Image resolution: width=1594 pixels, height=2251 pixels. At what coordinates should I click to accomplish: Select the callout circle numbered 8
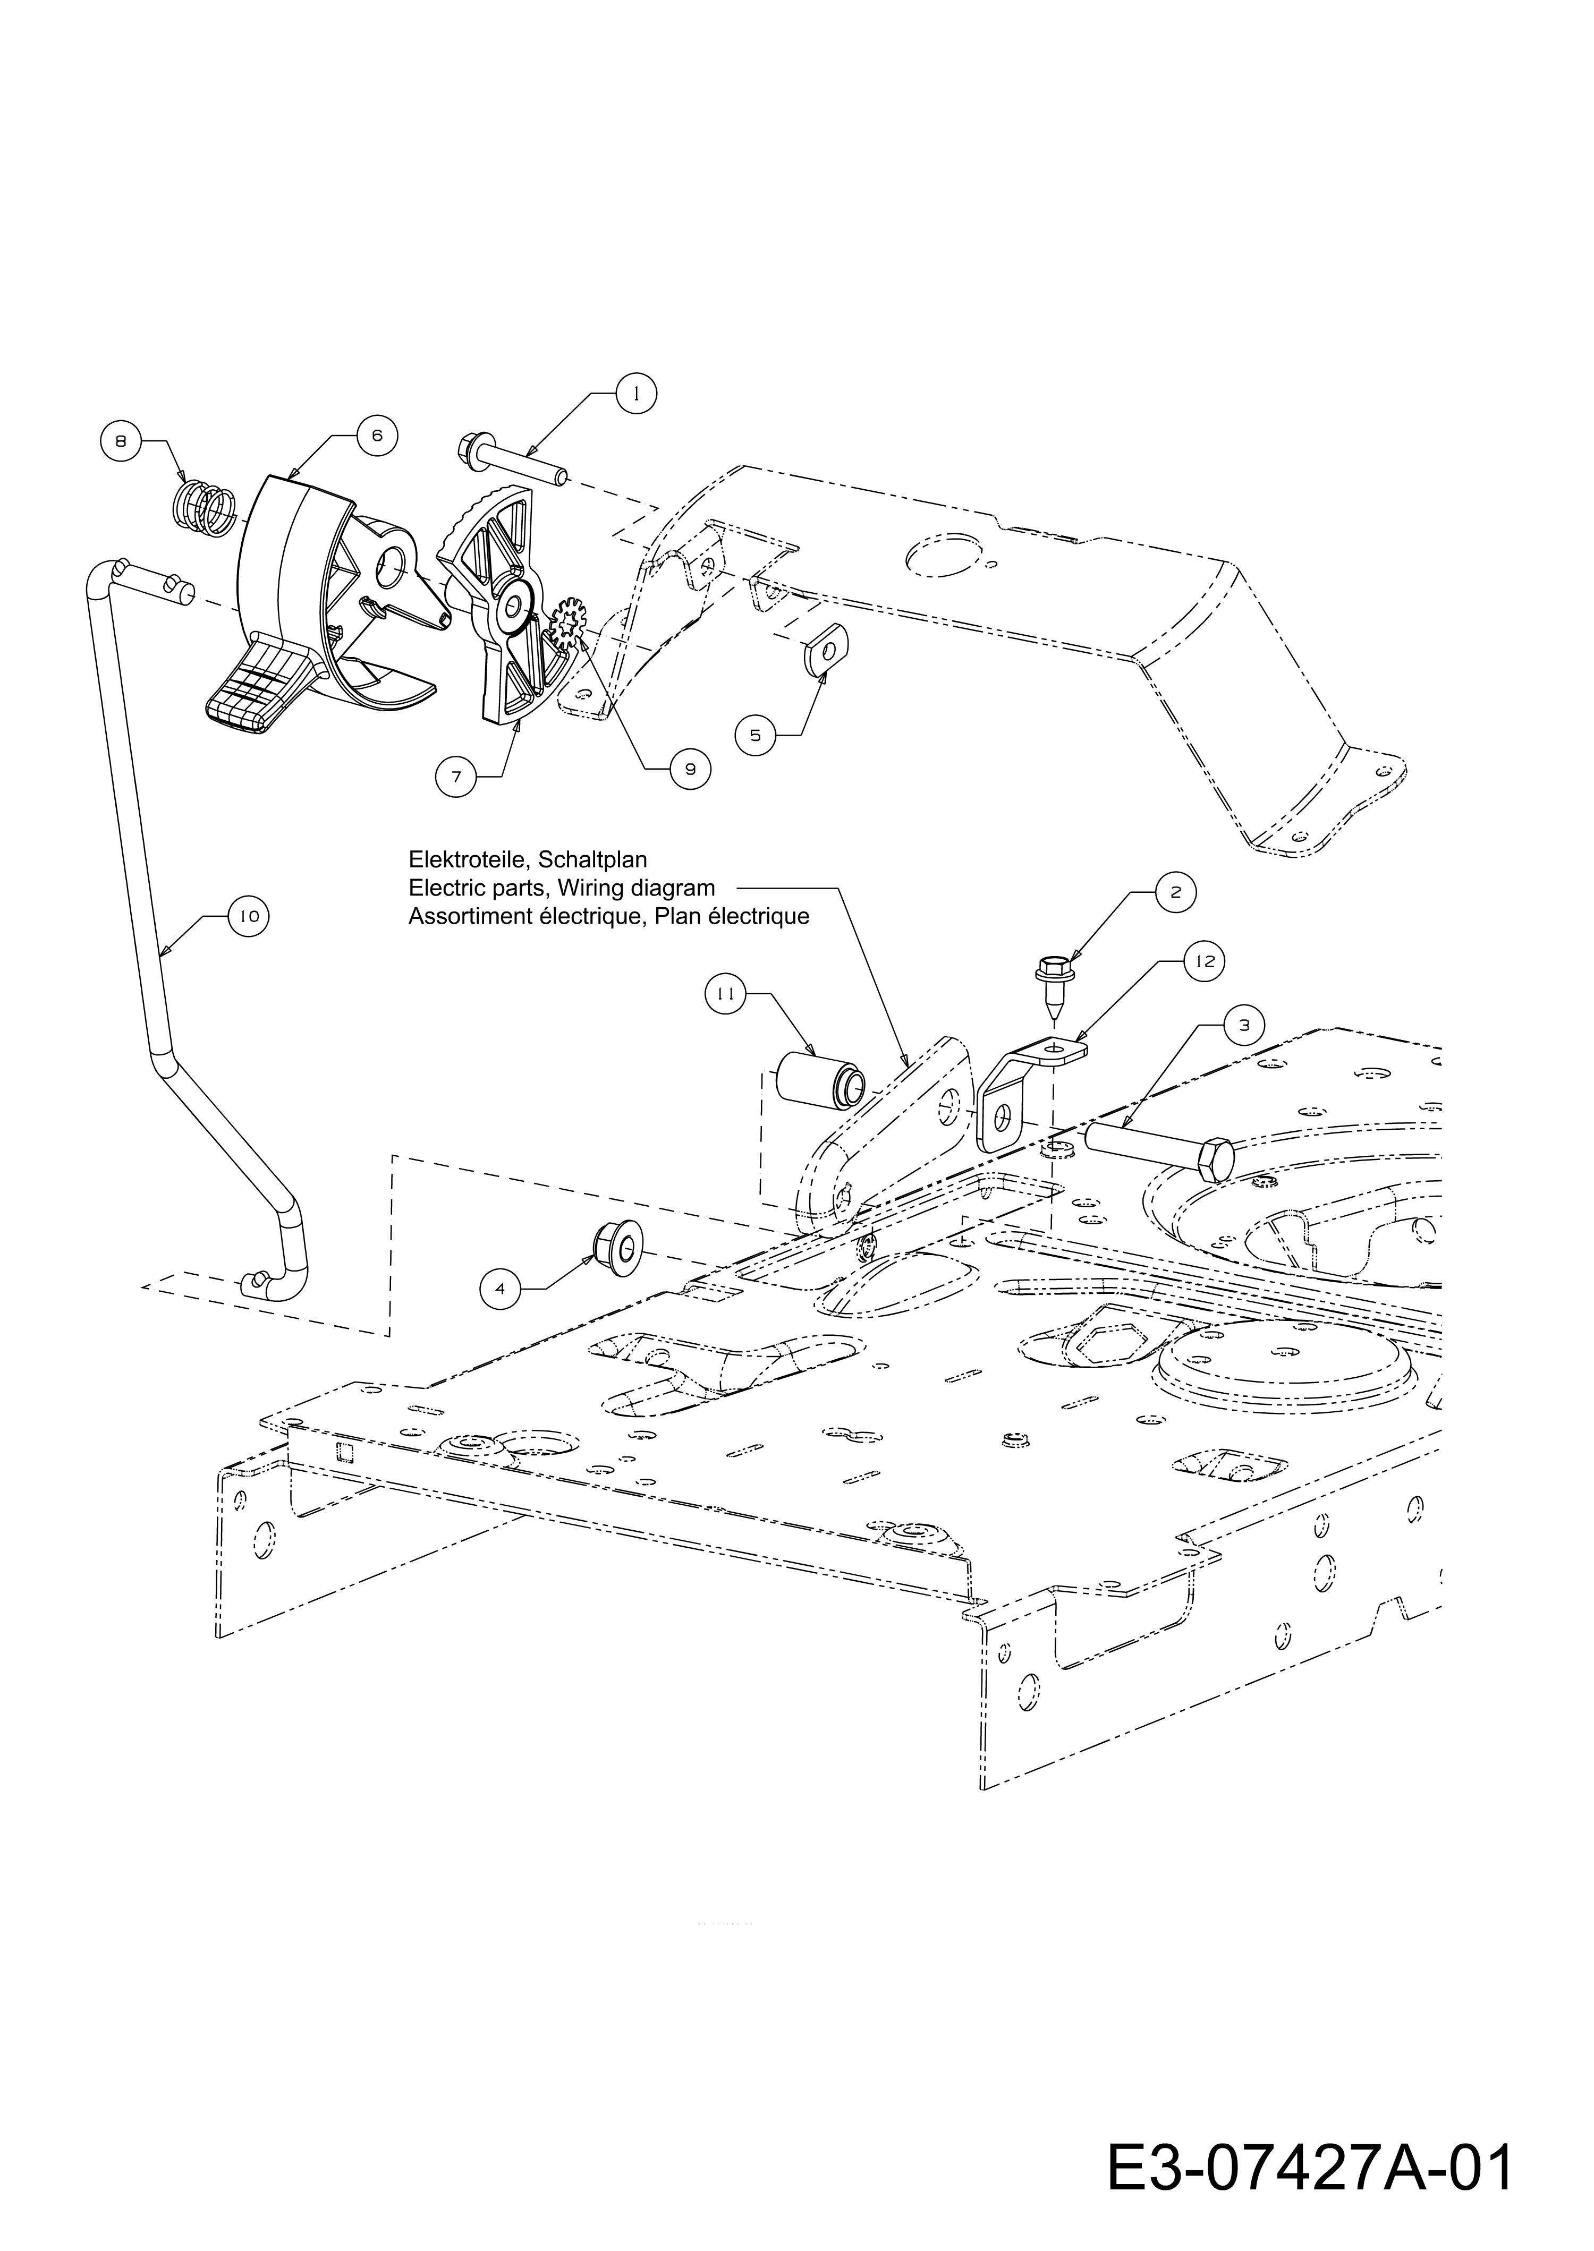[121, 441]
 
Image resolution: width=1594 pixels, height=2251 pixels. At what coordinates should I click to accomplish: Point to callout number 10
[248, 916]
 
